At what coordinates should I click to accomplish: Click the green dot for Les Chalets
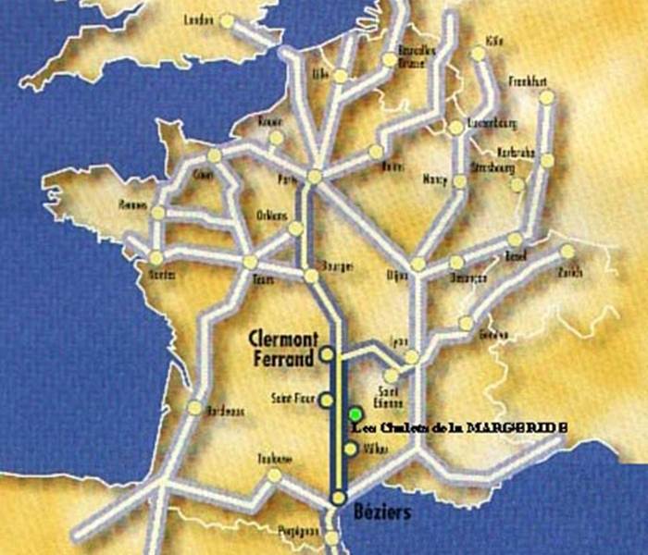[355, 413]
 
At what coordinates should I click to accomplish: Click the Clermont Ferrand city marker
[327, 353]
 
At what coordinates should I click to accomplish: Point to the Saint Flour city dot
[326, 401]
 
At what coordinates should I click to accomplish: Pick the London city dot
[227, 20]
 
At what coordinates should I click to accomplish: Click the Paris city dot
[316, 176]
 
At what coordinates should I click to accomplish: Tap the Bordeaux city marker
[194, 408]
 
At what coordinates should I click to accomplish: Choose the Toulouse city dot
[273, 475]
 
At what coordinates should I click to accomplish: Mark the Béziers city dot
[339, 499]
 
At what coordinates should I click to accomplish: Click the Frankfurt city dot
[546, 96]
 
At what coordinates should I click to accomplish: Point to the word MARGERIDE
[519, 427]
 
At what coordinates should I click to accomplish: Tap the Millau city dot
[350, 450]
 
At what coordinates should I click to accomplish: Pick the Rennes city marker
[158, 213]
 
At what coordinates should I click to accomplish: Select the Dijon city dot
[417, 265]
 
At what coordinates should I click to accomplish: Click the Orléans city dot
[295, 228]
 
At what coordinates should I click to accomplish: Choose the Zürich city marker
[567, 251]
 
